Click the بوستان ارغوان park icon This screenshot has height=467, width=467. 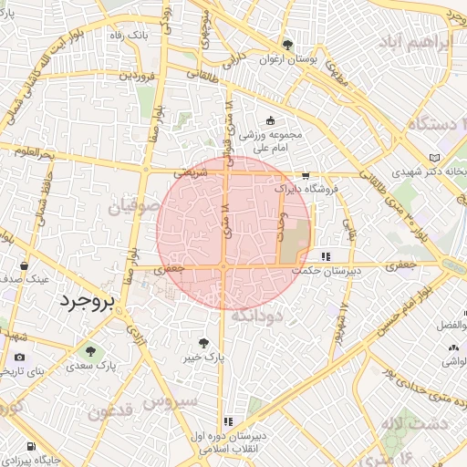click(x=288, y=43)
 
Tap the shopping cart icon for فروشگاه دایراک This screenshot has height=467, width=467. click(x=306, y=176)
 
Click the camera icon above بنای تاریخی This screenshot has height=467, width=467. click(x=20, y=358)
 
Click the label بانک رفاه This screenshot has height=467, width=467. click(x=128, y=35)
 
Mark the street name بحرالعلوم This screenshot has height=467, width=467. click(x=35, y=152)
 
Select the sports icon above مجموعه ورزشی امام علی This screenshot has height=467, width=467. click(x=270, y=119)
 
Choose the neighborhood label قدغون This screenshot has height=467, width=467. click(x=109, y=410)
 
